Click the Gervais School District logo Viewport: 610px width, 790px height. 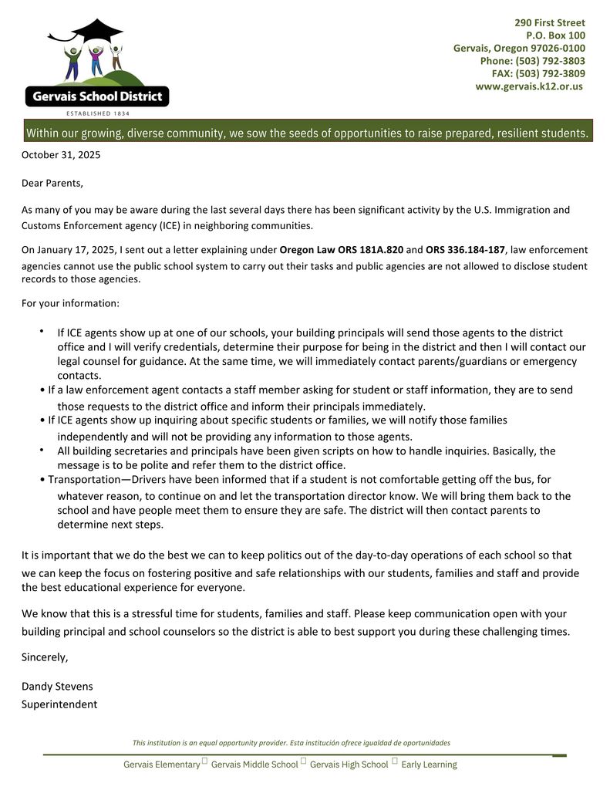click(x=97, y=66)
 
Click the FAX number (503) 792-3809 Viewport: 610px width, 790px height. click(x=550, y=73)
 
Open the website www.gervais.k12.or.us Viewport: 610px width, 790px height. click(x=529, y=86)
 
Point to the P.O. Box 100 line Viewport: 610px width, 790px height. click(x=555, y=35)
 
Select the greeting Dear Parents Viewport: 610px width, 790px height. click(x=52, y=184)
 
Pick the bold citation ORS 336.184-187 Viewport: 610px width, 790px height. click(x=465, y=250)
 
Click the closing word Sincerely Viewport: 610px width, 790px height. click(x=45, y=657)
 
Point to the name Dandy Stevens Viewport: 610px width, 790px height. click(x=57, y=687)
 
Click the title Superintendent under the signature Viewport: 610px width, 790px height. click(x=59, y=704)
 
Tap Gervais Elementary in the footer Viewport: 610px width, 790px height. click(x=161, y=765)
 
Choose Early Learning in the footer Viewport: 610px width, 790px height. click(x=429, y=765)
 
